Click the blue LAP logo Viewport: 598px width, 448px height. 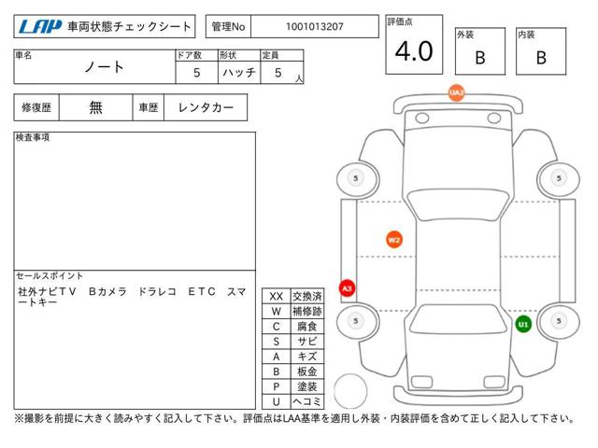(40, 27)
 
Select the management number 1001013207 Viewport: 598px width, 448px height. (315, 27)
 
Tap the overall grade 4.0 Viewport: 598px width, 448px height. (414, 51)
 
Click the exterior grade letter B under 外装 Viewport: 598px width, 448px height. (480, 58)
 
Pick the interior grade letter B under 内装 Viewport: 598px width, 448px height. (541, 58)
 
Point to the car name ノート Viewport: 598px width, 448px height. (104, 67)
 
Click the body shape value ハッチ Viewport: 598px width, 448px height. (239, 73)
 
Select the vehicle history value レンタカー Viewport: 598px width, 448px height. (206, 107)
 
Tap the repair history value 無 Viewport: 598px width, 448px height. (95, 107)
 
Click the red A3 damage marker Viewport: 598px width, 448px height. (347, 288)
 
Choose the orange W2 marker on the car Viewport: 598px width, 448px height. (394, 240)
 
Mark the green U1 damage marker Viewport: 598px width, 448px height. (523, 324)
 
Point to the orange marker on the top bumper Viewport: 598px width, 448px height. (457, 93)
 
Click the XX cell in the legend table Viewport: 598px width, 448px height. (277, 296)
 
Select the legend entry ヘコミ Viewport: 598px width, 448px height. (307, 401)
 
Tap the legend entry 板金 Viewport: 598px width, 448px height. (307, 371)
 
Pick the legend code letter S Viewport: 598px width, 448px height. (277, 342)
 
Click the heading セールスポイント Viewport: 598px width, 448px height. (50, 275)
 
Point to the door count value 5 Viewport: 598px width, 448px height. (197, 73)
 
